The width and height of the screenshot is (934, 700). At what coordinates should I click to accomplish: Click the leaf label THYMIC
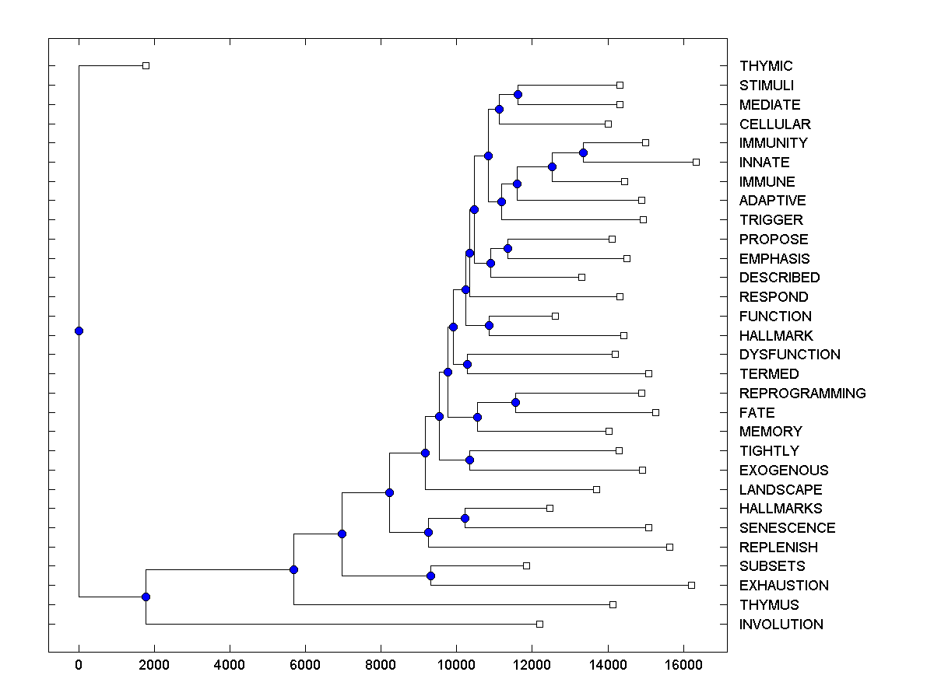766,66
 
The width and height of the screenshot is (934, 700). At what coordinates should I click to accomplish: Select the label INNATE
764,163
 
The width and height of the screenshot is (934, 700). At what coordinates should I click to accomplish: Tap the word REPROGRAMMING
802,394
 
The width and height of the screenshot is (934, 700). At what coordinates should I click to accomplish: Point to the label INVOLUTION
781,625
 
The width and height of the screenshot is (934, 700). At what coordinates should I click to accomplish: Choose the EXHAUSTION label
784,586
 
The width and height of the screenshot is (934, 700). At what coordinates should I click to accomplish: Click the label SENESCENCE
787,528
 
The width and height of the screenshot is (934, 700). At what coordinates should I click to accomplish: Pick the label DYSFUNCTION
789,355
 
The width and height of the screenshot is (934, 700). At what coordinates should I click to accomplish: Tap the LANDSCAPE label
781,490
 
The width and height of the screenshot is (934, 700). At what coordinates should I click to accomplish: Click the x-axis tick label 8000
381,665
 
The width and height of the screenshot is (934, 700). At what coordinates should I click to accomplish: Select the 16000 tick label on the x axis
683,665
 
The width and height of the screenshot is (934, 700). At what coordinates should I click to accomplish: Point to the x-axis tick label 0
79,665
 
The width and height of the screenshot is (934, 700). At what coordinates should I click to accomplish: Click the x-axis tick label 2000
154,665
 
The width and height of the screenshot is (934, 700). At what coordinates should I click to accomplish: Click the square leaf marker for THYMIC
146,65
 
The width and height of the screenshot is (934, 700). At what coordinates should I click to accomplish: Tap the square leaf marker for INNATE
696,162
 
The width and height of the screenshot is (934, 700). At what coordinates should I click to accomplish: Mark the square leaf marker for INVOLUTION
539,624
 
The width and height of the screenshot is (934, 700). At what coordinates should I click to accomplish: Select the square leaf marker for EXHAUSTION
691,585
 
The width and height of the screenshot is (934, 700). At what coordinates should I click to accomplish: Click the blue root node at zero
79,331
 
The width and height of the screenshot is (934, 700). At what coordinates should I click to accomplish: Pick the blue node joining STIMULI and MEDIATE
518,94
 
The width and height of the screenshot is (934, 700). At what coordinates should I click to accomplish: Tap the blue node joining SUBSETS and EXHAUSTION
430,576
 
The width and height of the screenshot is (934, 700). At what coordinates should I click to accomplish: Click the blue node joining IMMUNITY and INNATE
583,152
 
